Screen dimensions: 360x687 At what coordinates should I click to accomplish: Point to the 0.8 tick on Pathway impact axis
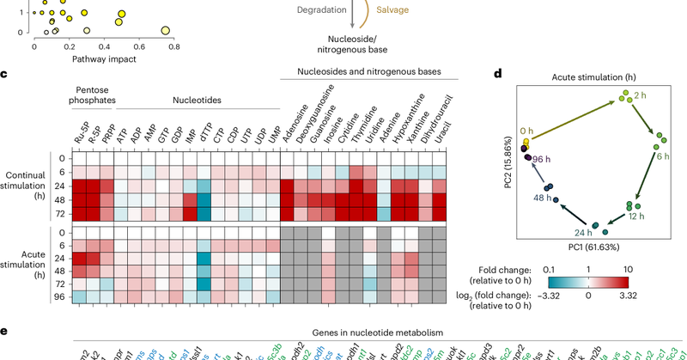click(x=173, y=47)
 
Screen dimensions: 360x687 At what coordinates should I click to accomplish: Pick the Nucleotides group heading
click(x=198, y=100)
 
